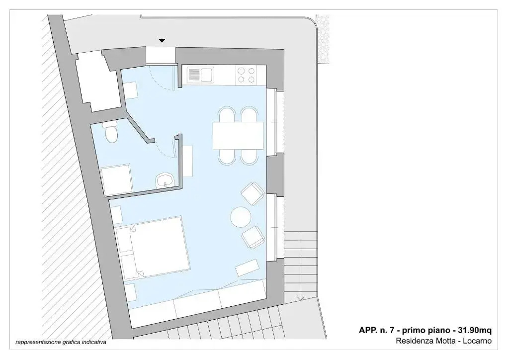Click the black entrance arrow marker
tap(162, 41)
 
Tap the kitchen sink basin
tap(207, 75)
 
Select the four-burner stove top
tap(246, 75)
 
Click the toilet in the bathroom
tap(111, 132)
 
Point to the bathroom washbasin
tap(165, 180)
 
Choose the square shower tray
tap(117, 180)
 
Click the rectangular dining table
tap(238, 136)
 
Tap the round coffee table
tap(241, 217)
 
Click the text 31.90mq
tap(475, 331)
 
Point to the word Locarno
tap(477, 341)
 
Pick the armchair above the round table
tap(253, 193)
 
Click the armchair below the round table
tap(253, 237)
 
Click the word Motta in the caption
tap(446, 341)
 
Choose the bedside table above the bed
tap(117, 215)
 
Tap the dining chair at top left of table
tap(227, 114)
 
